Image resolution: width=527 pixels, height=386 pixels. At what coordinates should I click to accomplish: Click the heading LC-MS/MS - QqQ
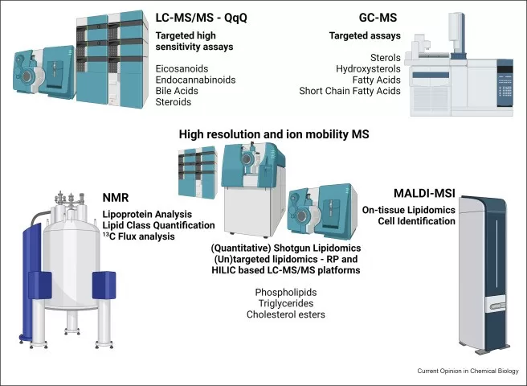[204, 18]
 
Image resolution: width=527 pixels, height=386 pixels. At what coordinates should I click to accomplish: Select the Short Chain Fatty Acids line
[349, 91]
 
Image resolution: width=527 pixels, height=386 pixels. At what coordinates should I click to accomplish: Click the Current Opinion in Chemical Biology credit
[468, 371]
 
